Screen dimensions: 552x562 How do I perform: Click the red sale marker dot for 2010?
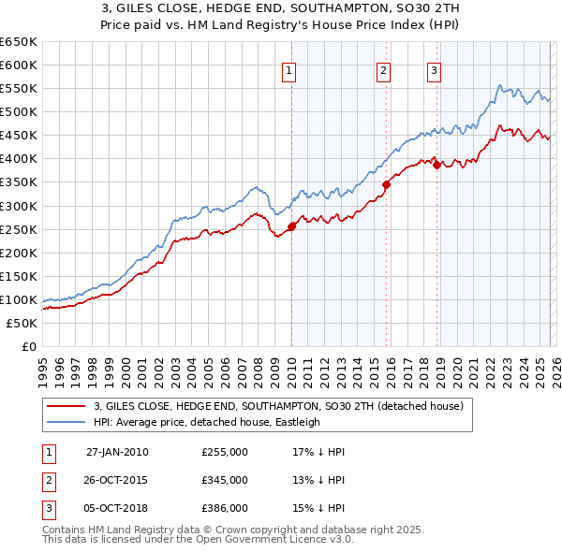tap(291, 225)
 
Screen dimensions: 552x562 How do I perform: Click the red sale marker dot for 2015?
tap(386, 184)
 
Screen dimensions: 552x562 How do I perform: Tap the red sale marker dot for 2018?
tap(436, 166)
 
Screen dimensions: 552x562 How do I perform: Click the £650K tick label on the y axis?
tap(19, 42)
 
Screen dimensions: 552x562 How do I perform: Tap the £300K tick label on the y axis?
tap(19, 206)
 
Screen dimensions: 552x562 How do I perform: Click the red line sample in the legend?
tap(66, 407)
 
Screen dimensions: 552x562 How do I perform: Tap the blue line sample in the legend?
tap(66, 422)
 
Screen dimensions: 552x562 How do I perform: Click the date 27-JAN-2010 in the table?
tap(117, 451)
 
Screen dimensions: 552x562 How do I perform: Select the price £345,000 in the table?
tap(225, 480)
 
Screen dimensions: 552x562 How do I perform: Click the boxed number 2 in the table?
tap(48, 480)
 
